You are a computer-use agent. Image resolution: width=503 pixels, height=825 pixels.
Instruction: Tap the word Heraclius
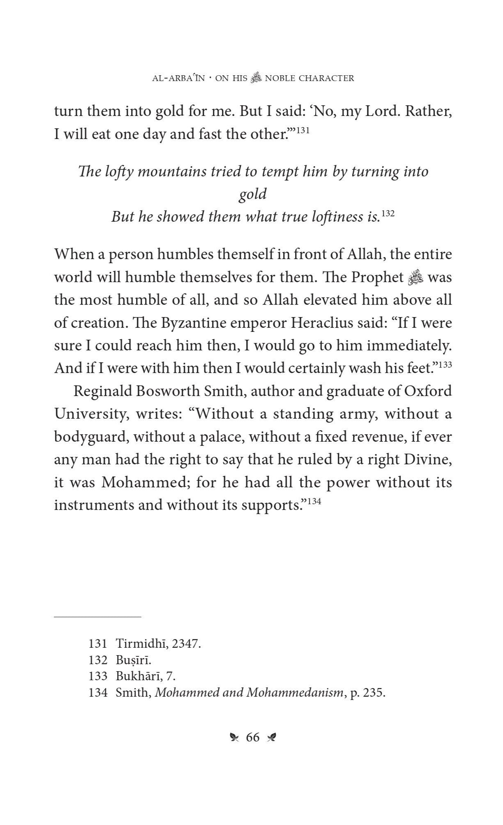[323, 322]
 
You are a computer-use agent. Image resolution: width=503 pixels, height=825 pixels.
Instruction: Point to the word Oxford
[428, 391]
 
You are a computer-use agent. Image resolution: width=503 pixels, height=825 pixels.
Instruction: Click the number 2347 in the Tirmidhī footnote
[186, 644]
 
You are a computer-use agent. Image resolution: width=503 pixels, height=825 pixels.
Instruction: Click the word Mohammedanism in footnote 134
[295, 693]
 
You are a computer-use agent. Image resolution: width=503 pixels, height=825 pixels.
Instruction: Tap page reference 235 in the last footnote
[375, 693]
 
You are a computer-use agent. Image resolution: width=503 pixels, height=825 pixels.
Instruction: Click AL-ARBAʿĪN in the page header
[178, 78]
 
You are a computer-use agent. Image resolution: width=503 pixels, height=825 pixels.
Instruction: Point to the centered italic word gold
[252, 194]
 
